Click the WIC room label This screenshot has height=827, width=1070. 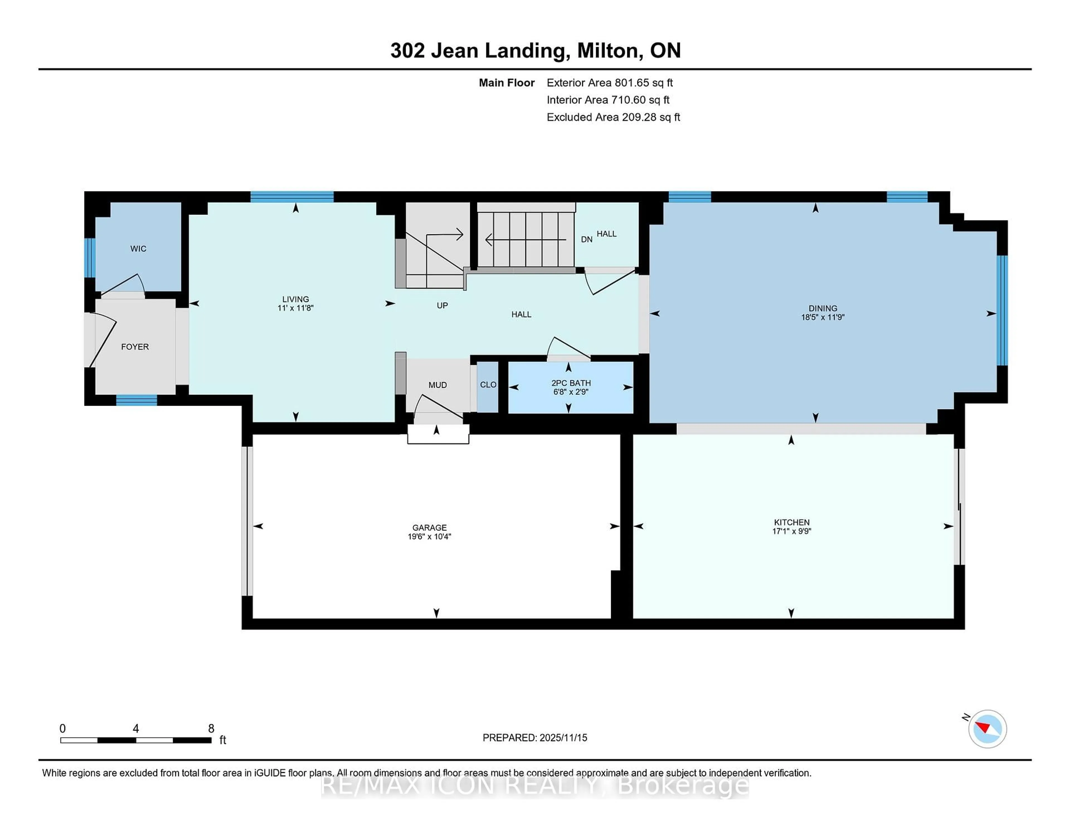pyautogui.click(x=138, y=249)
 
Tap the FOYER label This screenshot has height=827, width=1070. pyautogui.click(x=135, y=347)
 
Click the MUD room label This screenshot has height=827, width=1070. pyautogui.click(x=437, y=385)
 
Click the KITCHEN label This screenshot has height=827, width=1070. pyautogui.click(x=792, y=522)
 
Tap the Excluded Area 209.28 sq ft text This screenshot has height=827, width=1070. pyautogui.click(x=613, y=117)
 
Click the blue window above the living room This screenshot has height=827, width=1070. pyautogui.click(x=292, y=197)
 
